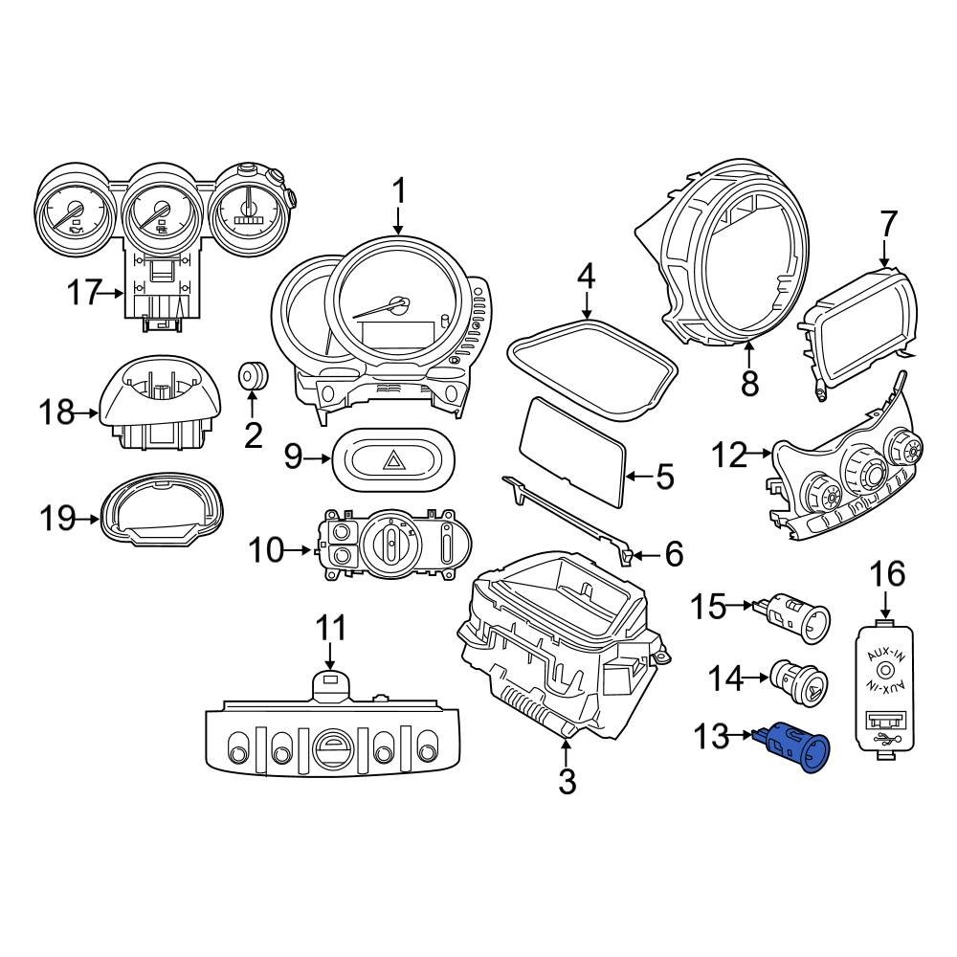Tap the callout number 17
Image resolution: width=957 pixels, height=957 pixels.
pyautogui.click(x=84, y=292)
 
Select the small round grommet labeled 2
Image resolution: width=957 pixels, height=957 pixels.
pyautogui.click(x=253, y=377)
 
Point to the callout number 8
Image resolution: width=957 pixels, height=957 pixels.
pyautogui.click(x=749, y=384)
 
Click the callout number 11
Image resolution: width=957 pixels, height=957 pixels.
pyautogui.click(x=330, y=629)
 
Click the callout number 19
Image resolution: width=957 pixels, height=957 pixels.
pyautogui.click(x=56, y=519)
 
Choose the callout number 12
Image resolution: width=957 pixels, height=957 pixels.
pyautogui.click(x=729, y=456)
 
